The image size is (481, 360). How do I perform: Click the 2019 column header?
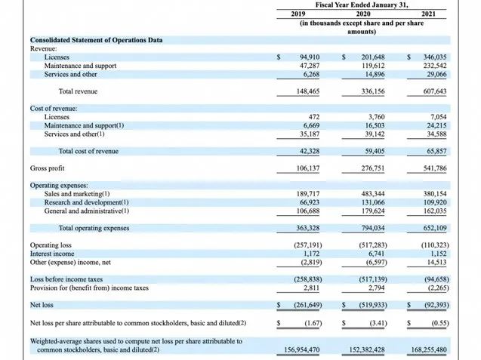point(298,14)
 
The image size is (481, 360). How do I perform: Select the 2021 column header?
point(428,14)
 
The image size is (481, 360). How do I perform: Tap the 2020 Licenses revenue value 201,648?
point(373,57)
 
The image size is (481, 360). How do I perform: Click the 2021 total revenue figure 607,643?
point(435,91)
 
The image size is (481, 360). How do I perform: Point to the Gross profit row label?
point(48,168)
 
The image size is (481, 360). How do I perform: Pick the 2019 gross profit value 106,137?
point(307,168)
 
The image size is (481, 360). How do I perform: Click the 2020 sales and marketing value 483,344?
point(373,194)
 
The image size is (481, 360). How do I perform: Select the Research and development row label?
point(86,202)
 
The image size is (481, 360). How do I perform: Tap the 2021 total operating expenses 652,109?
point(435,228)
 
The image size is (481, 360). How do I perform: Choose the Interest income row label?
point(52,254)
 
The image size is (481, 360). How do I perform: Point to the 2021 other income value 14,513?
point(436,263)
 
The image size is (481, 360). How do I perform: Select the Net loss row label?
point(42,305)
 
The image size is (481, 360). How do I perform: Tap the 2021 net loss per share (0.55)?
point(440,323)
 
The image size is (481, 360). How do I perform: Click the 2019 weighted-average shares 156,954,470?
point(302,350)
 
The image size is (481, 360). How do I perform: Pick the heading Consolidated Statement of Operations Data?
point(97,40)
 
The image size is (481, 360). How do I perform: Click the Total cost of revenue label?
point(88,151)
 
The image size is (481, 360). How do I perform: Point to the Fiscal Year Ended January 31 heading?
point(362,5)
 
